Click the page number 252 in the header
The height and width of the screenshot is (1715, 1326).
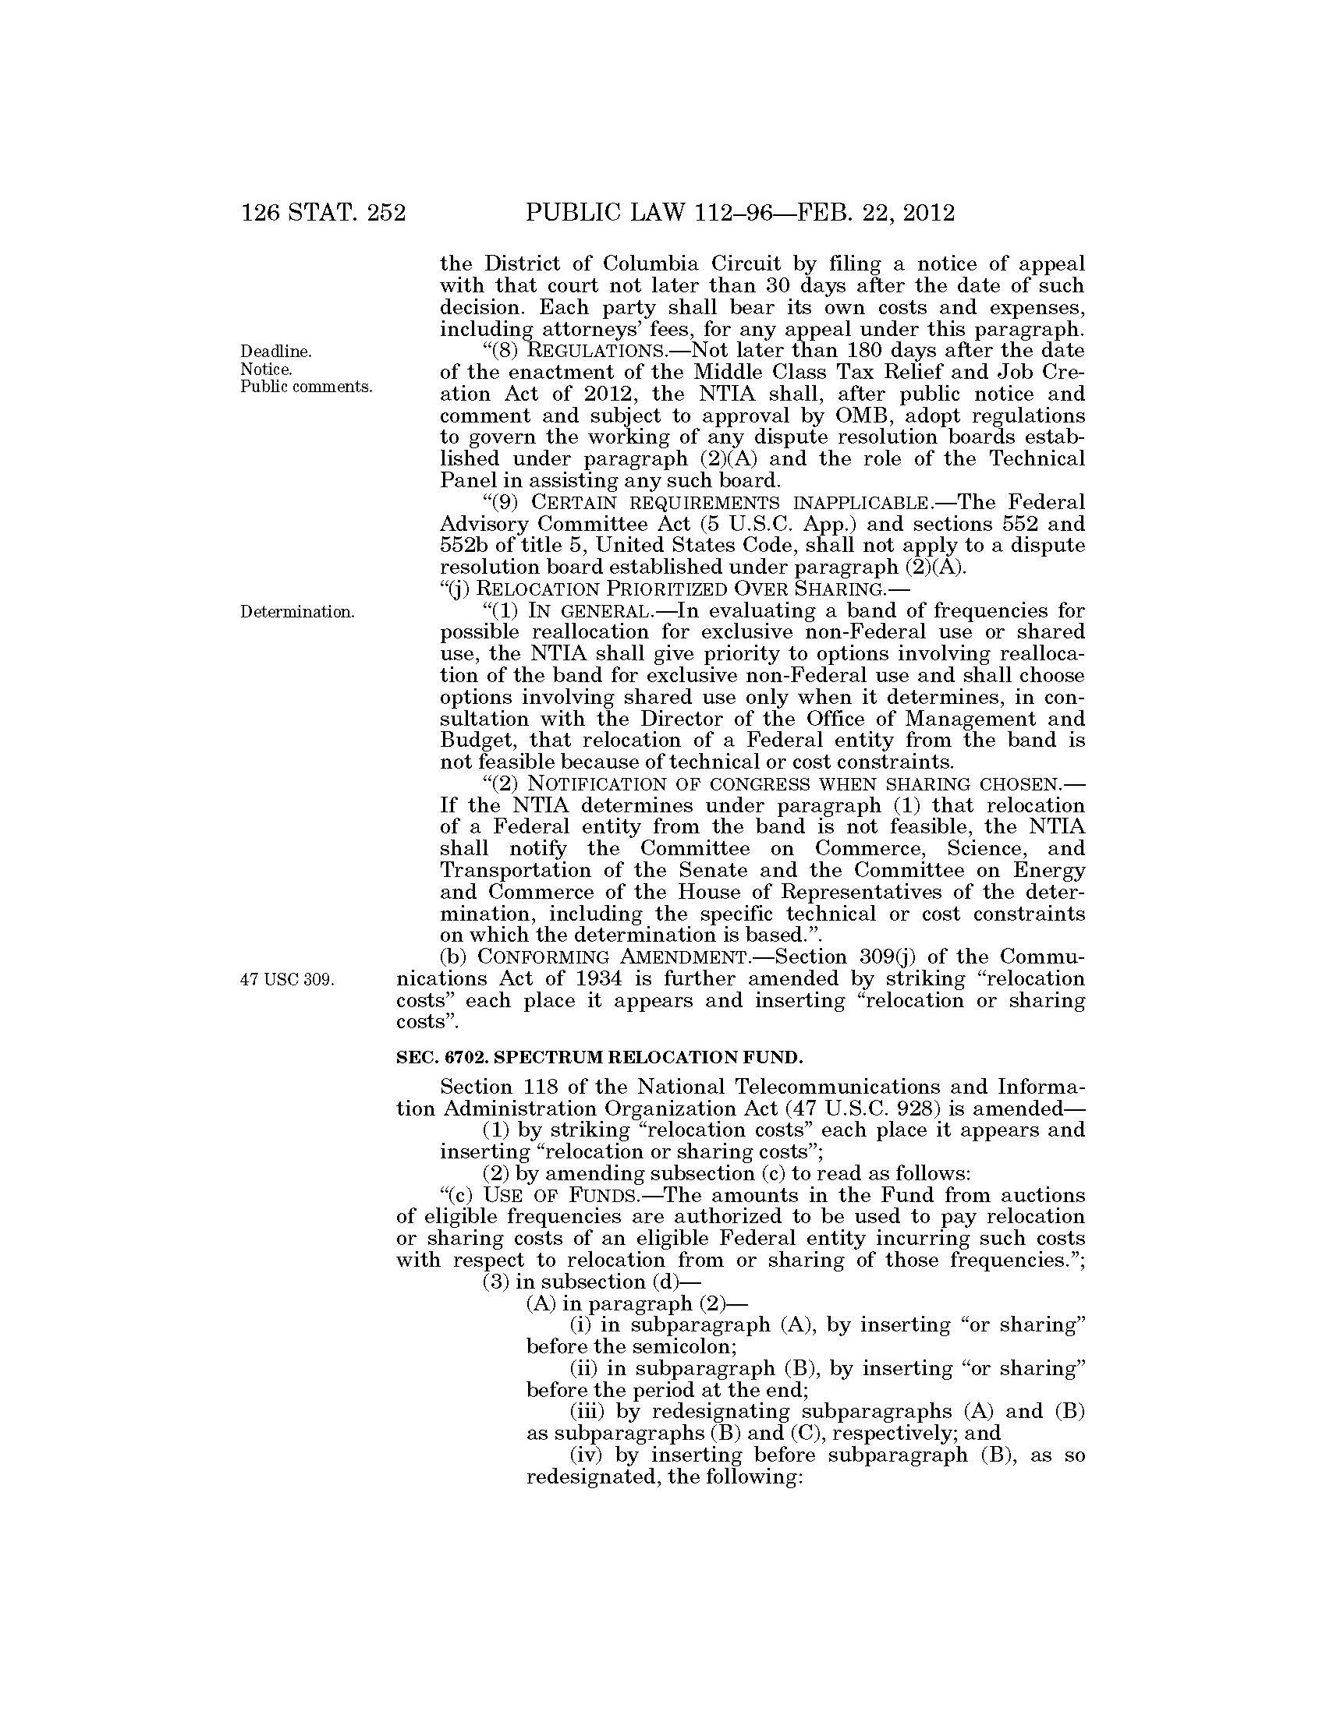[x=385, y=213]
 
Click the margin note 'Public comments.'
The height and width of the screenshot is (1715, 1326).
[x=307, y=387]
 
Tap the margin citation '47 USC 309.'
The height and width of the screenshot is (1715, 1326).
[x=288, y=979]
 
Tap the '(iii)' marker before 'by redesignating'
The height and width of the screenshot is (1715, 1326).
[x=587, y=1411]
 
